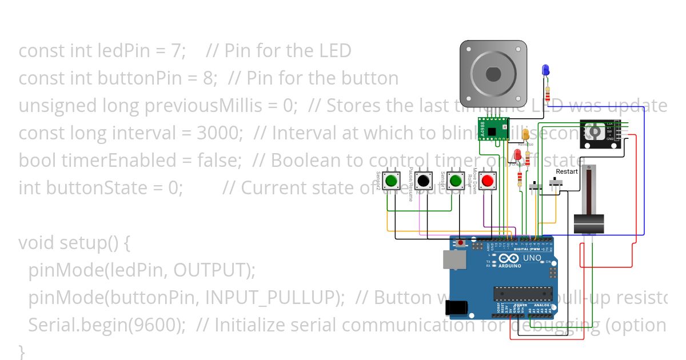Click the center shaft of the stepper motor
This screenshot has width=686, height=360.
point(493,74)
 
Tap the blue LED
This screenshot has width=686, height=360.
point(545,70)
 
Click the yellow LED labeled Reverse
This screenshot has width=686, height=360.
point(526,135)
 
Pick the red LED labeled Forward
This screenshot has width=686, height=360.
point(518,155)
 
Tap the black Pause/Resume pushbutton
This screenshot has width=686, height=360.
point(424,181)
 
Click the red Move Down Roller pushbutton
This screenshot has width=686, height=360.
point(488,181)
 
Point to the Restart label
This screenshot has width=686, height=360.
point(567,171)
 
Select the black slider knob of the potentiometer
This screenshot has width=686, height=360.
point(589,223)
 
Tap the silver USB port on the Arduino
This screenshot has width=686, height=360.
point(454,259)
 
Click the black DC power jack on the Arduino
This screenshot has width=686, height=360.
point(458,309)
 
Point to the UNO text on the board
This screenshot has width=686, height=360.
point(532,258)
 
